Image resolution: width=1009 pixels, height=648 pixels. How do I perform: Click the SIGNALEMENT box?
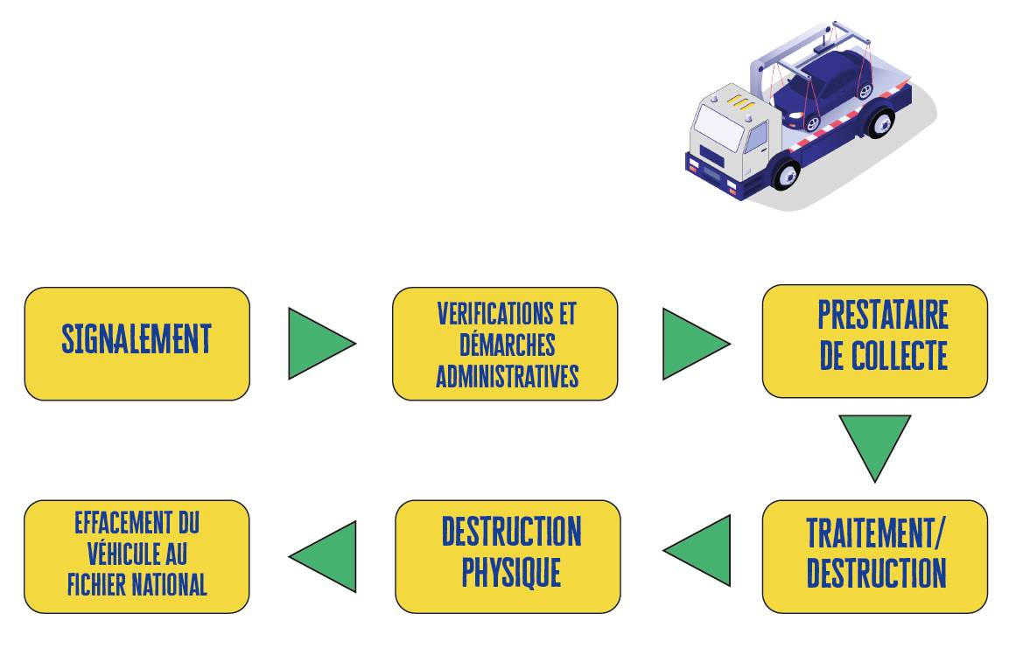click(x=137, y=343)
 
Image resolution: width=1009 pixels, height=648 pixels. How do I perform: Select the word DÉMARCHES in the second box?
click(x=506, y=345)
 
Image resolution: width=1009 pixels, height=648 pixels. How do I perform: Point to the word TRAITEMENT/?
click(x=876, y=532)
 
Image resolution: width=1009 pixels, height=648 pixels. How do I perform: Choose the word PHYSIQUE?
click(x=511, y=573)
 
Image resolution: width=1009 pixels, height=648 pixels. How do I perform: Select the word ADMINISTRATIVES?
click(x=508, y=376)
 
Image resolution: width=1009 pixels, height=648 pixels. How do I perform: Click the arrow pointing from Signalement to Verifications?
click(x=317, y=343)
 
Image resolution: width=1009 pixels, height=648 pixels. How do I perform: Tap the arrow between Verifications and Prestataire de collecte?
click(x=691, y=343)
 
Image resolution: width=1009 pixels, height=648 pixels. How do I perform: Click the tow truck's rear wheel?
click(x=879, y=122)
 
